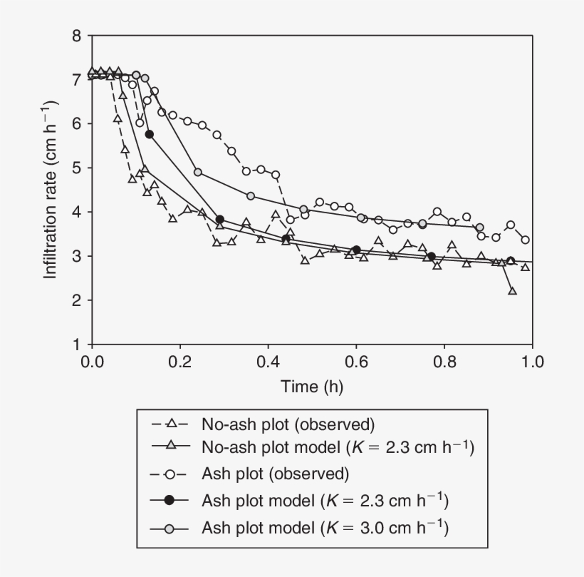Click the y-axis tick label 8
tap(77, 36)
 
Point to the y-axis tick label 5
tap(77, 168)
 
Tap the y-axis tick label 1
tap(77, 344)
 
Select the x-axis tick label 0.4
tap(268, 362)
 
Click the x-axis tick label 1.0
tap(532, 362)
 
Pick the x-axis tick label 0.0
tap(92, 362)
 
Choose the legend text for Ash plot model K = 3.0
tap(325, 528)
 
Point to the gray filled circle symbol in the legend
tap(169, 528)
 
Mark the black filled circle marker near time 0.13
tap(150, 134)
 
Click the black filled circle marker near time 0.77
tap(432, 256)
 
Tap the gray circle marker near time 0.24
tap(198, 172)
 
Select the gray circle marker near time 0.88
tap(479, 228)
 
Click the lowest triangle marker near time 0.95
tap(512, 291)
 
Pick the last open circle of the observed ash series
tap(526, 240)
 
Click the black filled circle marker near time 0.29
tap(220, 220)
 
